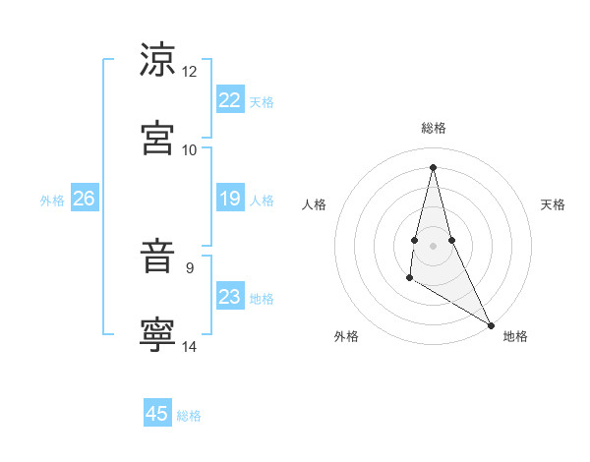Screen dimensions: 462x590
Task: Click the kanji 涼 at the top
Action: pyautogui.click(x=157, y=59)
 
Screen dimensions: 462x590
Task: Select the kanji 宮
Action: pyautogui.click(x=157, y=138)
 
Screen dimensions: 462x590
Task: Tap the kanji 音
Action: pyautogui.click(x=157, y=257)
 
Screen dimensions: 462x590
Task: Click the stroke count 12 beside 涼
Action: pyautogui.click(x=190, y=72)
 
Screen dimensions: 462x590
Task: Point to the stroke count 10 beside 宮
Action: pyautogui.click(x=190, y=150)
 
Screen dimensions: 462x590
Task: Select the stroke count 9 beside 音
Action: pyautogui.click(x=190, y=266)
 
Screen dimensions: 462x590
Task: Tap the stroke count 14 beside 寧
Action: pyautogui.click(x=190, y=346)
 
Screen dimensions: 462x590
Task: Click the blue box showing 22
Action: pyautogui.click(x=230, y=100)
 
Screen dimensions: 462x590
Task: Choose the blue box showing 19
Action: pyautogui.click(x=230, y=199)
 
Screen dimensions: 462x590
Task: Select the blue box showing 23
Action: pyautogui.click(x=230, y=297)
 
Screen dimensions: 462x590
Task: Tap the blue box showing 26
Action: pyautogui.click(x=84, y=199)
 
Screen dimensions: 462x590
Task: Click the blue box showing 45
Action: pyautogui.click(x=157, y=414)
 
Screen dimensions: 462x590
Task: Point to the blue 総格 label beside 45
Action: pyautogui.click(x=189, y=416)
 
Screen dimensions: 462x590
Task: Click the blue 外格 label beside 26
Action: pyautogui.click(x=52, y=201)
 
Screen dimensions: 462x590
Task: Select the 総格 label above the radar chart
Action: pyautogui.click(x=433, y=128)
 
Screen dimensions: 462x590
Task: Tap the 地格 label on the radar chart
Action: pyautogui.click(x=515, y=336)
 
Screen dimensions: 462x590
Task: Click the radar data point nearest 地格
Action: pyautogui.click(x=492, y=325)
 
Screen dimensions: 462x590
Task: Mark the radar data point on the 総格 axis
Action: pyautogui.click(x=433, y=166)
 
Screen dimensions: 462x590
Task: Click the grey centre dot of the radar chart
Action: pyautogui.click(x=433, y=245)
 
